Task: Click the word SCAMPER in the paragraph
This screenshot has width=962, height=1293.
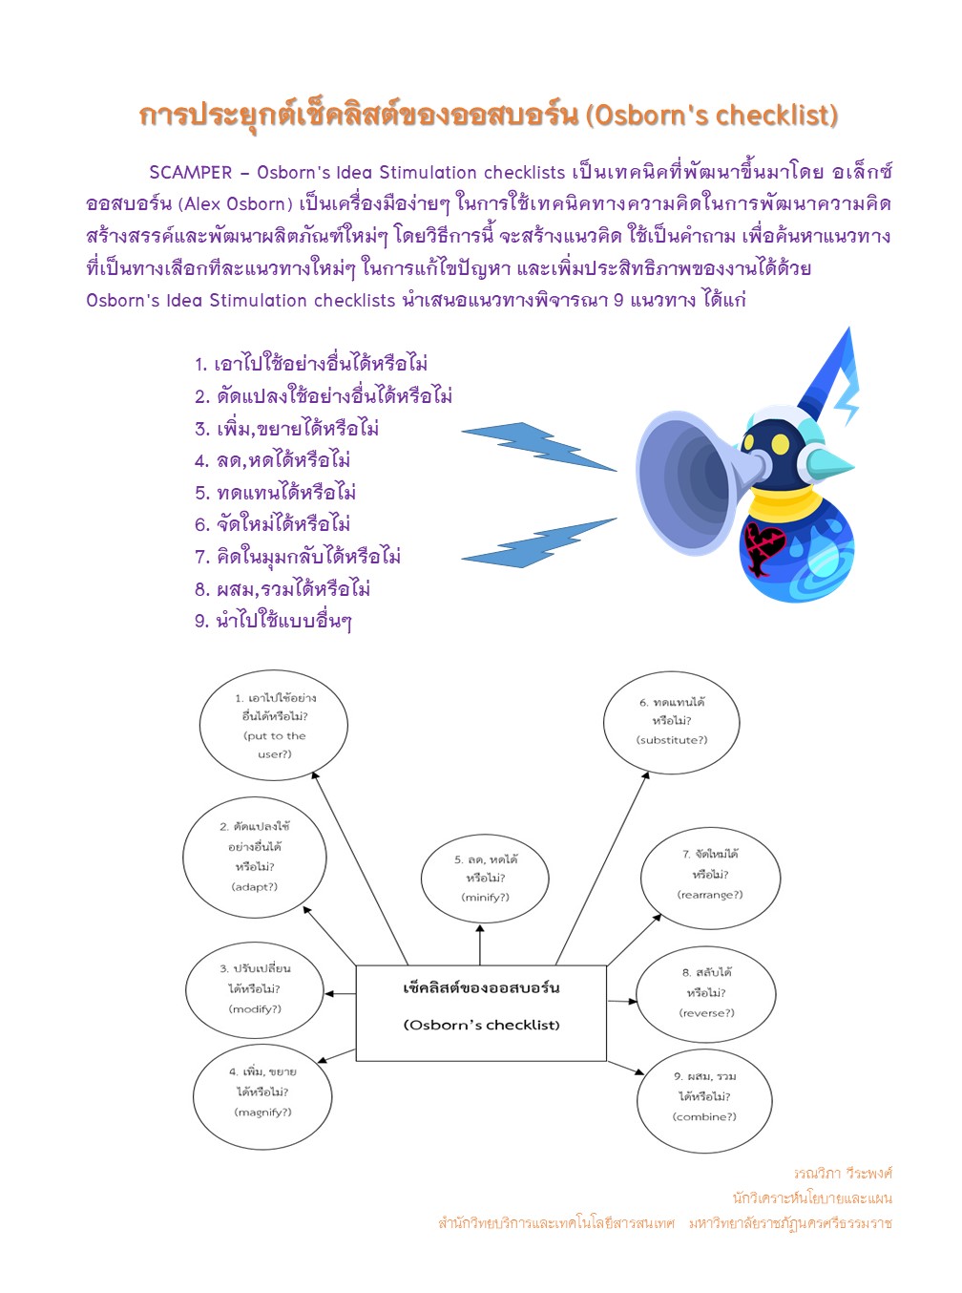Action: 191,173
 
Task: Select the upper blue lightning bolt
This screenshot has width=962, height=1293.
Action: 539,446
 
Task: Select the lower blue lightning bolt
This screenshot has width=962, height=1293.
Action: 539,542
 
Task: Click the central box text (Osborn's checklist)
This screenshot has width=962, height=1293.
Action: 481,1025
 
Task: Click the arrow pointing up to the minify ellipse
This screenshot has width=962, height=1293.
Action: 480,943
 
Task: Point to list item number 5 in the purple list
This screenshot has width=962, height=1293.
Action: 275,493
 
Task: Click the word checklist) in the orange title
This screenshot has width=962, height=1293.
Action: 776,116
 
